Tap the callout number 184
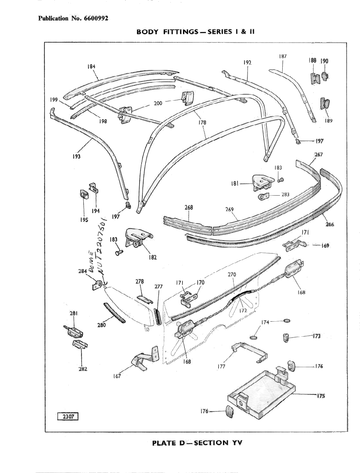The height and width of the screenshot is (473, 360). tap(91, 66)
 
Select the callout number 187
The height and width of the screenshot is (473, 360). tap(283, 56)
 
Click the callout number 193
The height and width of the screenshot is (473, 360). tap(76, 157)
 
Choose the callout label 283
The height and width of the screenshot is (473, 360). tap(285, 194)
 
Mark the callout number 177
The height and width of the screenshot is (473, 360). tap(221, 367)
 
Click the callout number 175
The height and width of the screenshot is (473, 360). tap(320, 396)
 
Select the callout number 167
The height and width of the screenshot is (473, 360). tap(117, 376)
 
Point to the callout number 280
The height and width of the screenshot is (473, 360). tap(101, 326)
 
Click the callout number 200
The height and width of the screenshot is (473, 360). tap(158, 104)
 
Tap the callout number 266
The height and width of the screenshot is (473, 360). tap(330, 224)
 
